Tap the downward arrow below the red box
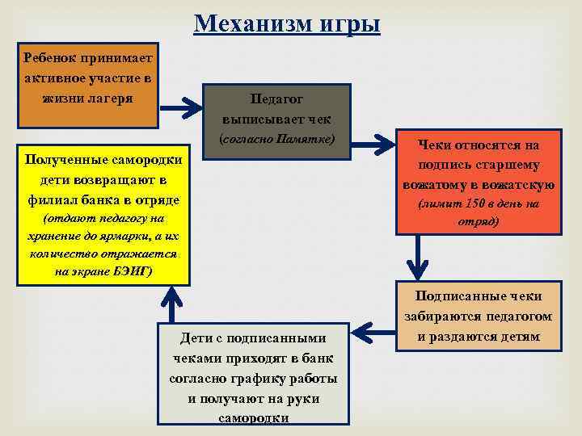(x=417, y=258)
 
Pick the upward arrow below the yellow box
(x=170, y=305)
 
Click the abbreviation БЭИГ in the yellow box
(x=129, y=270)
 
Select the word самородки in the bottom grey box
(x=253, y=418)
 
